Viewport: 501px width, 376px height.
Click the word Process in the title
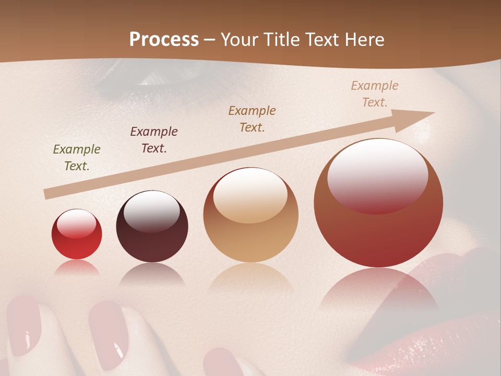click(x=164, y=40)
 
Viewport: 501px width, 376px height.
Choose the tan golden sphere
click(x=250, y=219)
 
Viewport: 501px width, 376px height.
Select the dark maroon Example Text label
click(x=154, y=140)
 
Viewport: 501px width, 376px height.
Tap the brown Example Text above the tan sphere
click(x=252, y=119)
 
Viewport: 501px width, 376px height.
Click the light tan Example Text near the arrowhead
click(x=375, y=94)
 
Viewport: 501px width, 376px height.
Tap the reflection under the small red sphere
click(x=77, y=268)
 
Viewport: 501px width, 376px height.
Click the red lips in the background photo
click(x=444, y=313)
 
